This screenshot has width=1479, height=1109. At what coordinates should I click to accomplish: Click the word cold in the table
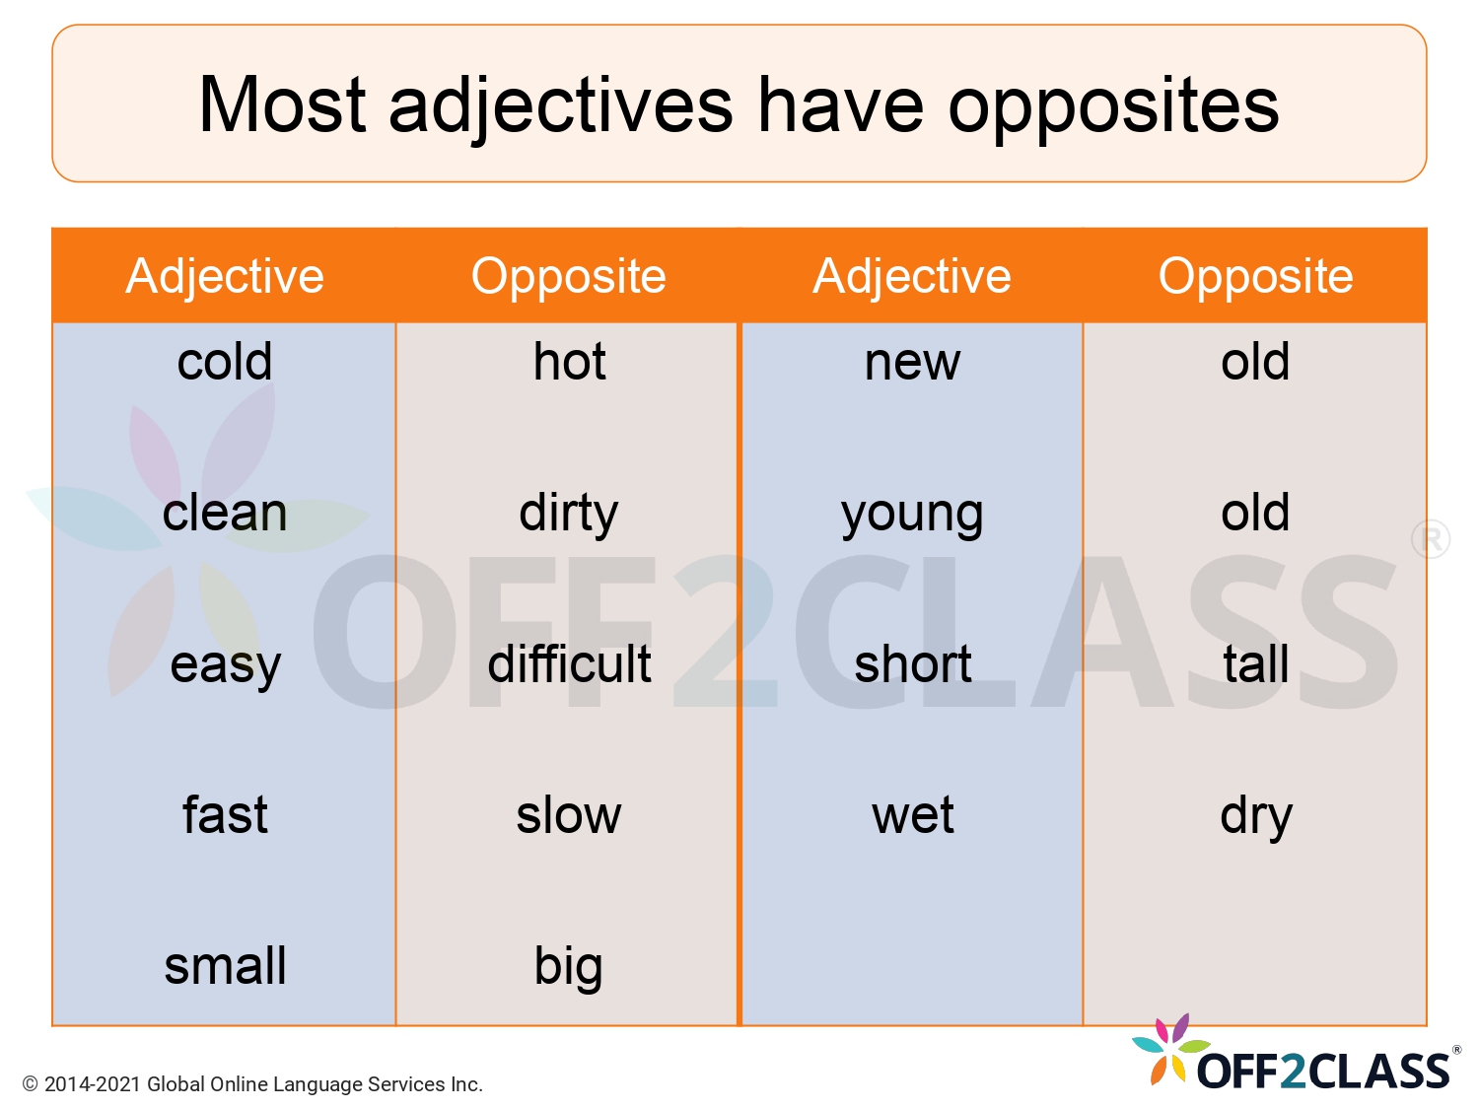(x=225, y=362)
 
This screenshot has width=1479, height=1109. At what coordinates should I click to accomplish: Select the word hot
(x=569, y=362)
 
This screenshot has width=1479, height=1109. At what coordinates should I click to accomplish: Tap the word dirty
(x=569, y=514)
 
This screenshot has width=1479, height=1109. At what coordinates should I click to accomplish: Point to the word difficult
(x=569, y=664)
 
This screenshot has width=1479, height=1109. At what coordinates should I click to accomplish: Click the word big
(x=569, y=967)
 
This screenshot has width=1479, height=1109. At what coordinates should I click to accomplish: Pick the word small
(x=225, y=967)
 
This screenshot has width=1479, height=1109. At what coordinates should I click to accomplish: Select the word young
(x=912, y=514)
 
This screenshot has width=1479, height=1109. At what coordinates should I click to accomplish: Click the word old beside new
(x=1255, y=362)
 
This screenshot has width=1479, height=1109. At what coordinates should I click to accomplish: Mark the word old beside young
(x=1255, y=514)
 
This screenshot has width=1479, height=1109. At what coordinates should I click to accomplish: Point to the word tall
(x=1255, y=664)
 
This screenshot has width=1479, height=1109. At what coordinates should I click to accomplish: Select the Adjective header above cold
(x=225, y=276)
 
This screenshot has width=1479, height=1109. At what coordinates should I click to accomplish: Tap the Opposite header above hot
(x=569, y=276)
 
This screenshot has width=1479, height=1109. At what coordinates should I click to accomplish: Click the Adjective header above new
(x=912, y=276)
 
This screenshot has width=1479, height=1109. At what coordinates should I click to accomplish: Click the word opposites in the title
(x=1113, y=106)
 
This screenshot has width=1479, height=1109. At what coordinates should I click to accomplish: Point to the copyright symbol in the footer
(x=31, y=1084)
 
